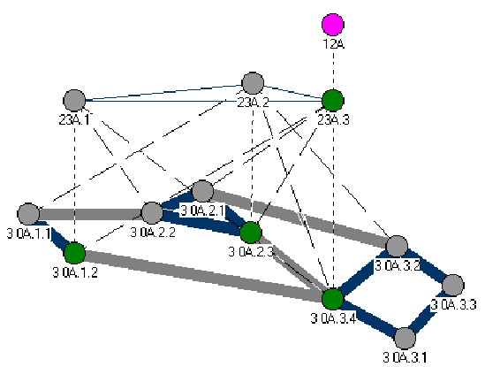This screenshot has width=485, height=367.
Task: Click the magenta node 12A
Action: coord(333,25)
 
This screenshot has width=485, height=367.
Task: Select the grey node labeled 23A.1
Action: coord(74,101)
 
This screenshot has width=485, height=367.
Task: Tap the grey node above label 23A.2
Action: coord(253,83)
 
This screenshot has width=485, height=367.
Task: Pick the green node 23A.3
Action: coord(333,101)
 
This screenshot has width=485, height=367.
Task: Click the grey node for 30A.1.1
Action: coord(28,214)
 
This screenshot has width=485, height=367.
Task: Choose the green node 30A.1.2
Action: coord(74,254)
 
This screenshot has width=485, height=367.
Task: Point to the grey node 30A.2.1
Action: coord(202,191)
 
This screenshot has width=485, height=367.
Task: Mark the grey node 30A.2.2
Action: coord(152,213)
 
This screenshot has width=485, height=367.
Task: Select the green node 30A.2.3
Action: coord(251,233)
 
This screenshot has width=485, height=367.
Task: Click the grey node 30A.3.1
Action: coord(405,339)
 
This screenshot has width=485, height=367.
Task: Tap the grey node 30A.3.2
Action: coord(397,246)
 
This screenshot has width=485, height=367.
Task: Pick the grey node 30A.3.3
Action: coord(453,286)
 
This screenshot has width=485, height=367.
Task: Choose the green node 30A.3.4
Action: coord(333,299)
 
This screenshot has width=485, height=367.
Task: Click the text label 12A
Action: coord(334,44)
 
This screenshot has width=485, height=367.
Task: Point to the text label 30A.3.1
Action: coord(405,357)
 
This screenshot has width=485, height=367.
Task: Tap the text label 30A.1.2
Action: coord(75,272)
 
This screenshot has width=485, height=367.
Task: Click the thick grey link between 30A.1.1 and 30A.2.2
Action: coord(90,214)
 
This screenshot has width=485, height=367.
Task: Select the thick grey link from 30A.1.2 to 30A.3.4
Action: coord(203,276)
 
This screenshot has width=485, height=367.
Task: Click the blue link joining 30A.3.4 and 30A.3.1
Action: coord(368,318)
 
